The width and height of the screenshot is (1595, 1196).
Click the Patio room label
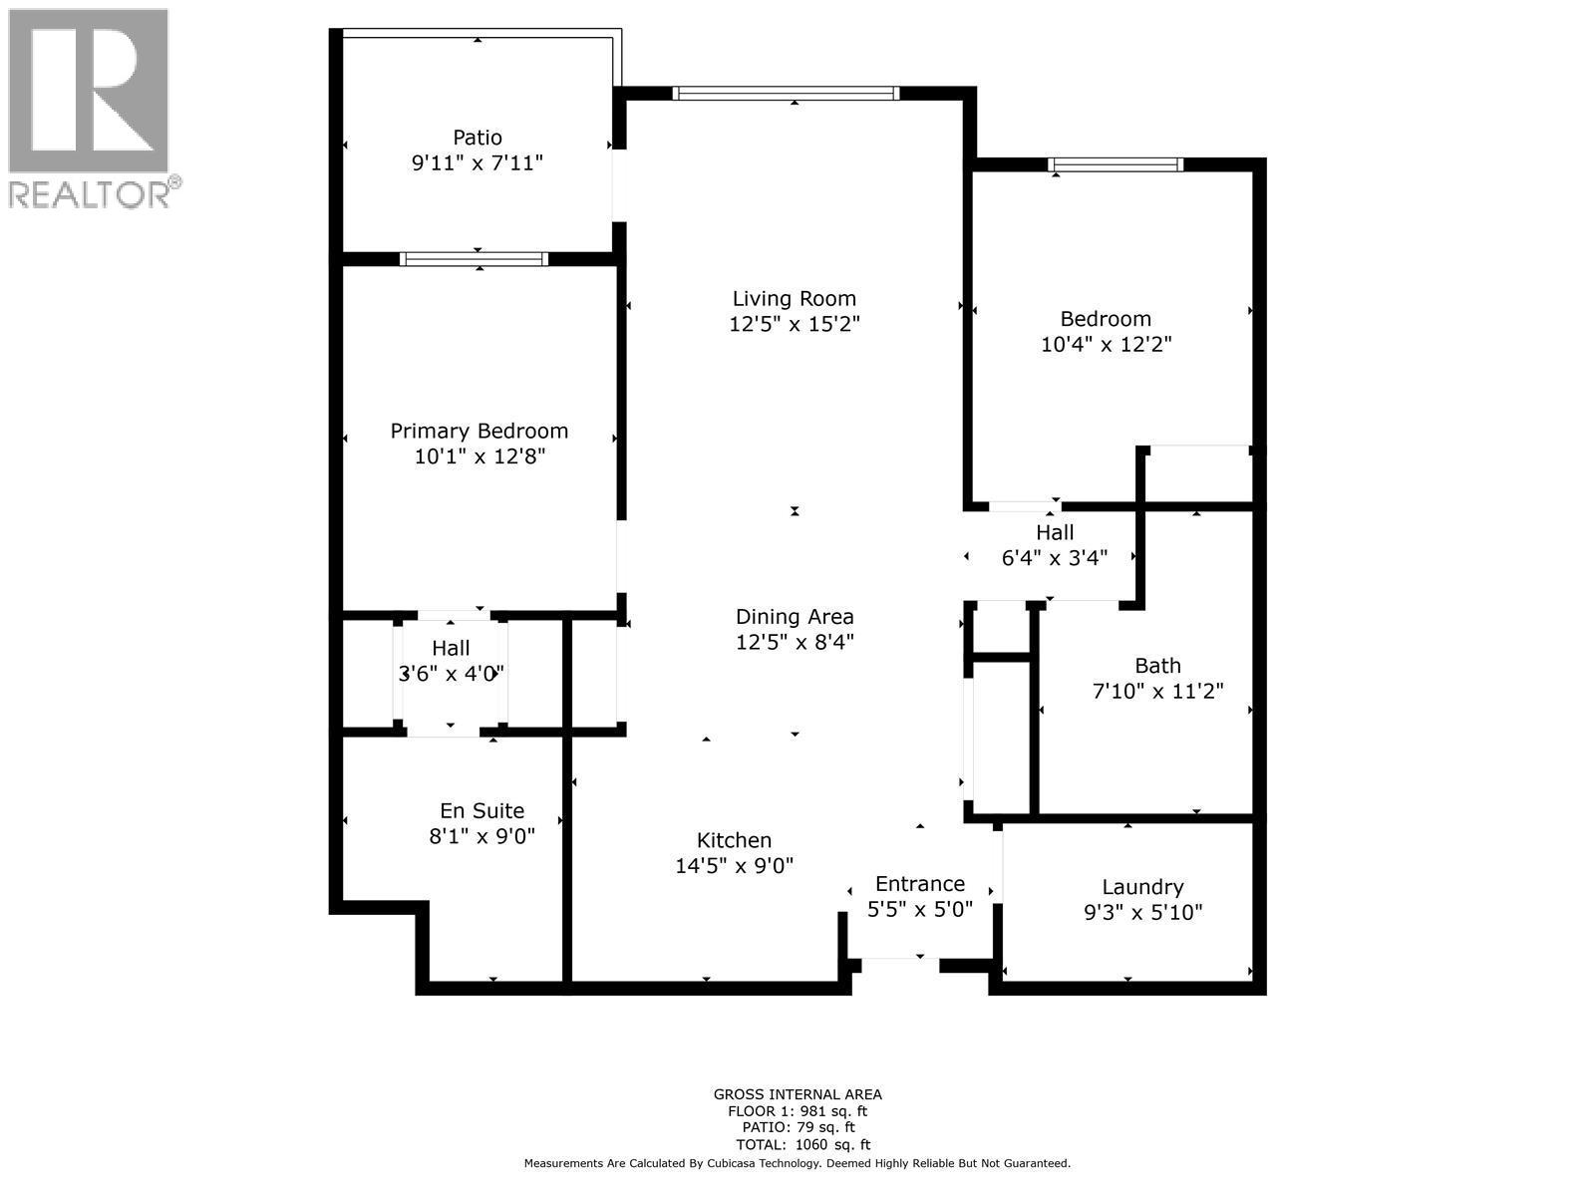[x=478, y=138]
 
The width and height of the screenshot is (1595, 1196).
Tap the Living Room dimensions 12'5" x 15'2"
[x=794, y=324]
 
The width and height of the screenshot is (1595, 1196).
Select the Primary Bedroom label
[x=478, y=431]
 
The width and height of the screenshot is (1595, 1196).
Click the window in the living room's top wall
[x=786, y=94]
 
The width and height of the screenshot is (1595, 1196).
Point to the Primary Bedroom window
[x=474, y=259]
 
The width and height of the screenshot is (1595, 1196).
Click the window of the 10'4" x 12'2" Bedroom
[x=1116, y=164]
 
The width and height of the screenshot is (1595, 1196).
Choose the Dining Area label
[x=795, y=617]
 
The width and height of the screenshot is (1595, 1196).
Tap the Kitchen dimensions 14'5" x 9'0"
[x=734, y=866]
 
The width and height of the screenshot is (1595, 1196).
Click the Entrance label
[x=919, y=884]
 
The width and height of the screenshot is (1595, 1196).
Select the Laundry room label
[x=1142, y=887]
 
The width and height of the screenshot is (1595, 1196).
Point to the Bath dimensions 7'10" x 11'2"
[x=1157, y=691]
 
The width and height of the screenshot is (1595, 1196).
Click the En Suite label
[x=481, y=811]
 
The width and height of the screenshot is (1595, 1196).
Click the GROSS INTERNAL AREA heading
[x=797, y=1094]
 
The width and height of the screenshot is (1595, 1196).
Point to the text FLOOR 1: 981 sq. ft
[x=797, y=1111]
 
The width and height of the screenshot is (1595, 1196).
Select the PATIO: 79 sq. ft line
[x=797, y=1128]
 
